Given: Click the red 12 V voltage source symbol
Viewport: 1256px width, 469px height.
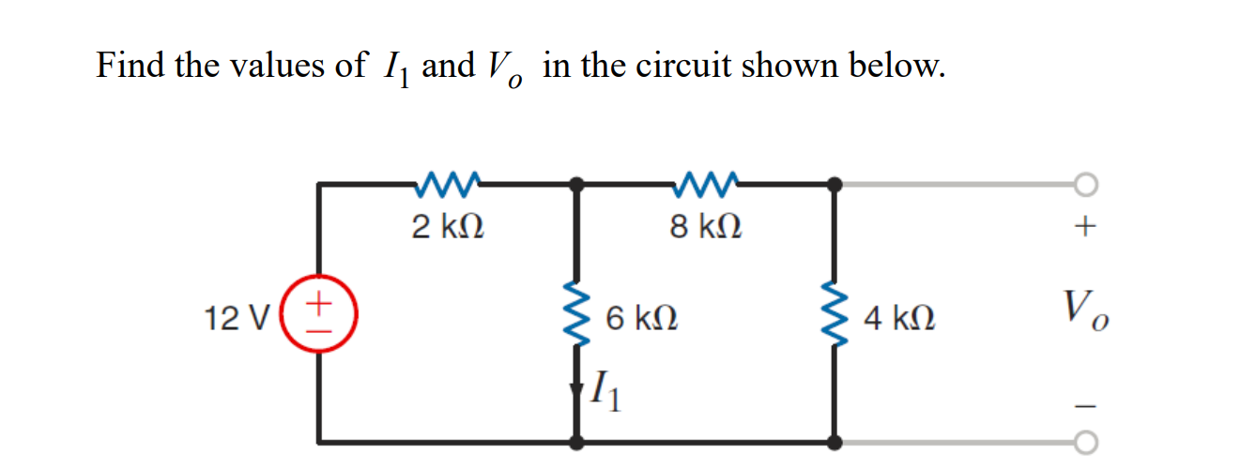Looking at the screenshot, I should tap(320, 312).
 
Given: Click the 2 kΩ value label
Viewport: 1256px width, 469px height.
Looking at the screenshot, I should tap(448, 226).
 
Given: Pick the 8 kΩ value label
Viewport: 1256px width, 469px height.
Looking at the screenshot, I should tap(706, 226).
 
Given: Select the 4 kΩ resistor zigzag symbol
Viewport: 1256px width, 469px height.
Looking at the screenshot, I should tap(834, 315).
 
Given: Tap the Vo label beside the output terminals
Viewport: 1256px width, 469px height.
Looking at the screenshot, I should tap(1086, 308).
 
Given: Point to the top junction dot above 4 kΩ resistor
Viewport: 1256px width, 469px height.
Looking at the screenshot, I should tap(834, 185).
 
